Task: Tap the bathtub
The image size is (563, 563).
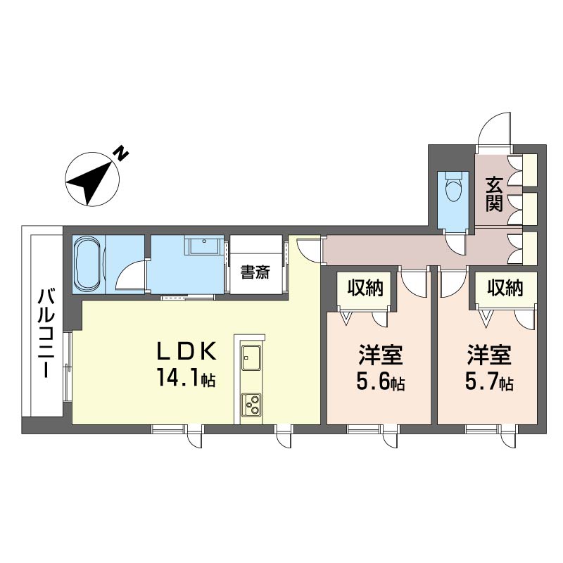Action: coord(89,265)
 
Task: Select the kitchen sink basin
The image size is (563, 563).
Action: coord(251,358)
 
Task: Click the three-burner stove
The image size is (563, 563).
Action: coord(251,405)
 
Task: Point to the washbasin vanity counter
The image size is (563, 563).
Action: coord(204,245)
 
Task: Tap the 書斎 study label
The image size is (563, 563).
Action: coord(255,272)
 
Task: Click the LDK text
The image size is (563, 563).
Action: coord(186,351)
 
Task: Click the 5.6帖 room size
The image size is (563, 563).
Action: coord(381,382)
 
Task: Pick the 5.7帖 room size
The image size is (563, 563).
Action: coord(489,382)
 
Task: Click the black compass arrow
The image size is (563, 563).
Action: coord(91,182)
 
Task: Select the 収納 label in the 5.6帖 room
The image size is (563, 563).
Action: coord(365,288)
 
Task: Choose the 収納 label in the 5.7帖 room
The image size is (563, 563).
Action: coord(505,288)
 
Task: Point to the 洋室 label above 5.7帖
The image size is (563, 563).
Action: coord(489,355)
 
